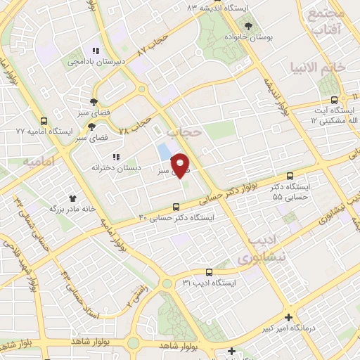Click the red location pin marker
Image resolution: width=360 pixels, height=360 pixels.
tap(182, 165)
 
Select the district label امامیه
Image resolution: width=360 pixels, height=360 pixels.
tap(39, 162)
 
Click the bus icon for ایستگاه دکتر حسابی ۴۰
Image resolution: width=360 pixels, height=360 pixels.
tap(176, 207)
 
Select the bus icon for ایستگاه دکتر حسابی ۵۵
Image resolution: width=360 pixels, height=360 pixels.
tap(290, 176)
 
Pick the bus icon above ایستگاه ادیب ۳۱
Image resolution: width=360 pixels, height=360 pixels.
tap(208, 271)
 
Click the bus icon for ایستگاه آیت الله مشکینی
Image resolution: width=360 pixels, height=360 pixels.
tap(334, 100)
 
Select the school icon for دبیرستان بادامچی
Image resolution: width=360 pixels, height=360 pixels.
tap(96, 51)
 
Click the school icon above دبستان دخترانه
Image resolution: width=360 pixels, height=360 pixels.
tap(116, 157)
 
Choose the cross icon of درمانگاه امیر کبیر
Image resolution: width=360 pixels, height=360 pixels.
tap(288, 317)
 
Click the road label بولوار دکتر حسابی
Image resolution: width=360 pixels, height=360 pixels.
tap(248, 186)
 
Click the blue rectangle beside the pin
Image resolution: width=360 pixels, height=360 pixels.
tap(164, 151)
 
